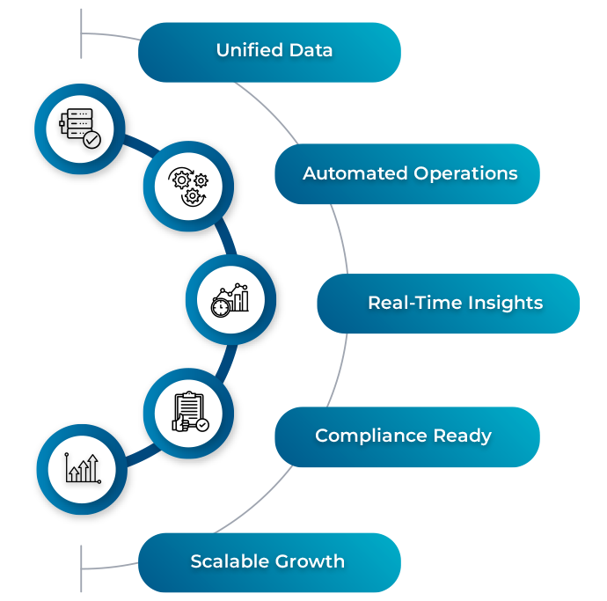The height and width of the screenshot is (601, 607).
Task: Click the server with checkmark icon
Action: pyautogui.click(x=79, y=128)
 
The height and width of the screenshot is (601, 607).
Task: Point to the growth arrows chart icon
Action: pyautogui.click(x=83, y=469)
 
